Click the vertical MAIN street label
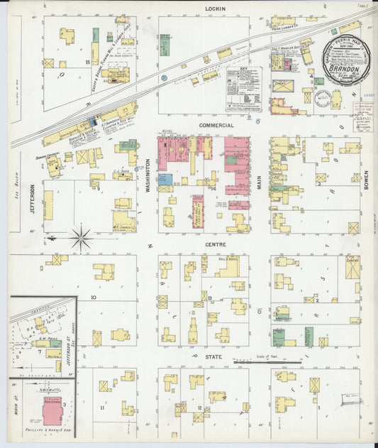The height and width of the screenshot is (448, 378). pyautogui.click(x=260, y=182)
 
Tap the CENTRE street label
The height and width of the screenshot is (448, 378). pyautogui.click(x=215, y=245)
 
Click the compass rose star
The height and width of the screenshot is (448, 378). pyautogui.click(x=80, y=237)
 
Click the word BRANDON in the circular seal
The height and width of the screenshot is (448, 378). pyautogui.click(x=348, y=70)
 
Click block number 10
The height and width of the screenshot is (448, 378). pyautogui.click(x=93, y=298)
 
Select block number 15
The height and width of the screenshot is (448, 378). pyautogui.click(x=87, y=63)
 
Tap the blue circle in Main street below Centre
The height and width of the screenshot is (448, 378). pyautogui.click(x=260, y=311)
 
